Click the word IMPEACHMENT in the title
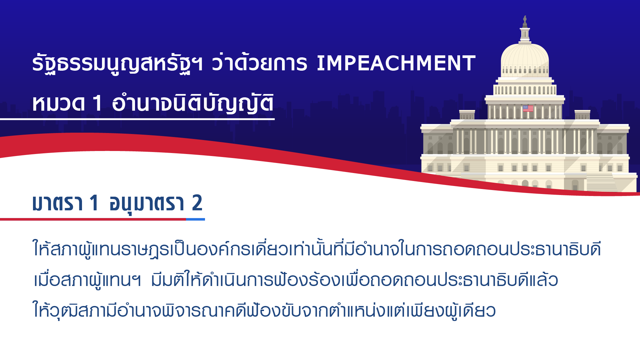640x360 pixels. pyautogui.click(x=396, y=63)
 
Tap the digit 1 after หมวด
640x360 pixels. pyautogui.click(x=97, y=103)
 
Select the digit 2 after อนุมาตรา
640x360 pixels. pyautogui.click(x=197, y=203)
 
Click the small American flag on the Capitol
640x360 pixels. pyautogui.click(x=528, y=108)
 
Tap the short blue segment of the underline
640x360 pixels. pyautogui.click(x=195, y=219)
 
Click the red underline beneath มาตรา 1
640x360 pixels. pyautogui.click(x=93, y=219)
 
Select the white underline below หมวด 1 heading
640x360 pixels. pyautogui.click(x=137, y=119)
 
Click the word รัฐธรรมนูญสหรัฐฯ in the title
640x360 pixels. pyautogui.click(x=117, y=63)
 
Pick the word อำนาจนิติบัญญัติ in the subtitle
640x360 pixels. pyautogui.click(x=193, y=103)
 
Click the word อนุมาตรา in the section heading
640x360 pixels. pyautogui.click(x=147, y=203)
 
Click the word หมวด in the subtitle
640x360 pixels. pyautogui.click(x=58, y=103)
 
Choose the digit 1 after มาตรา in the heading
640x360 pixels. pyautogui.click(x=94, y=203)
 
